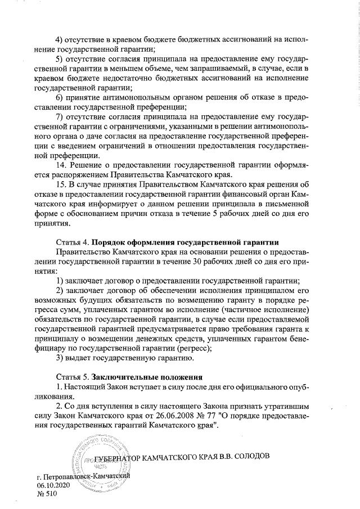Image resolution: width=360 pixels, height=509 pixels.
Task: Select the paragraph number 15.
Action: tap(62, 186)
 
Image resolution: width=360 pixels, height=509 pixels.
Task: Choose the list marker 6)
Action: tap(58, 98)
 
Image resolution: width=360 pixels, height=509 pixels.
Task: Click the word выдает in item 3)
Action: tap(82, 358)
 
